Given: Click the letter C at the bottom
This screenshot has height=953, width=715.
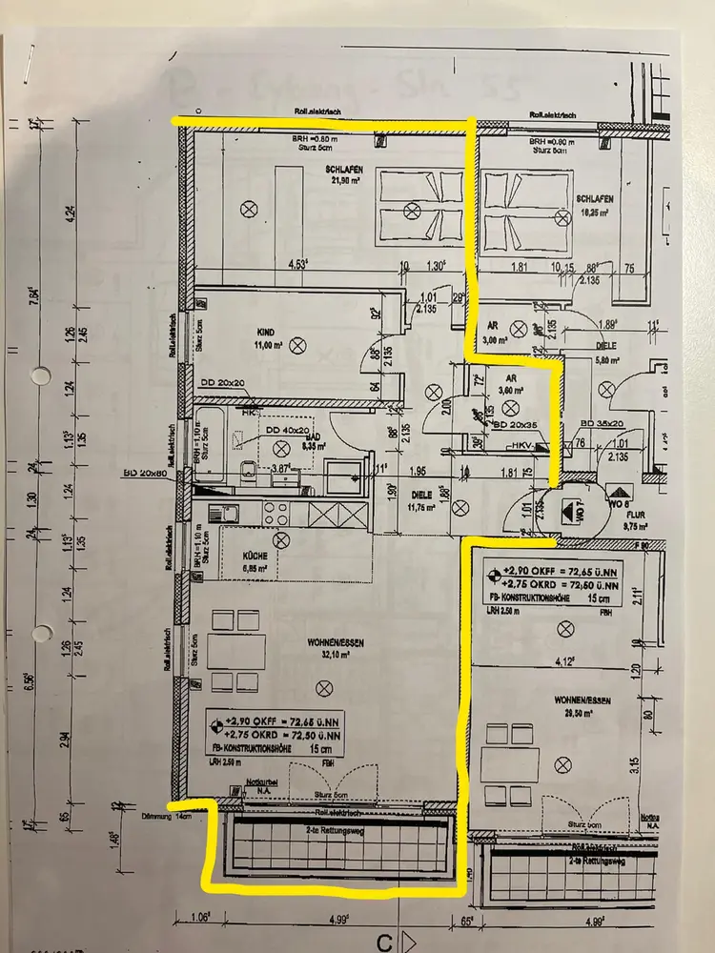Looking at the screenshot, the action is pyautogui.click(x=383, y=943).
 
